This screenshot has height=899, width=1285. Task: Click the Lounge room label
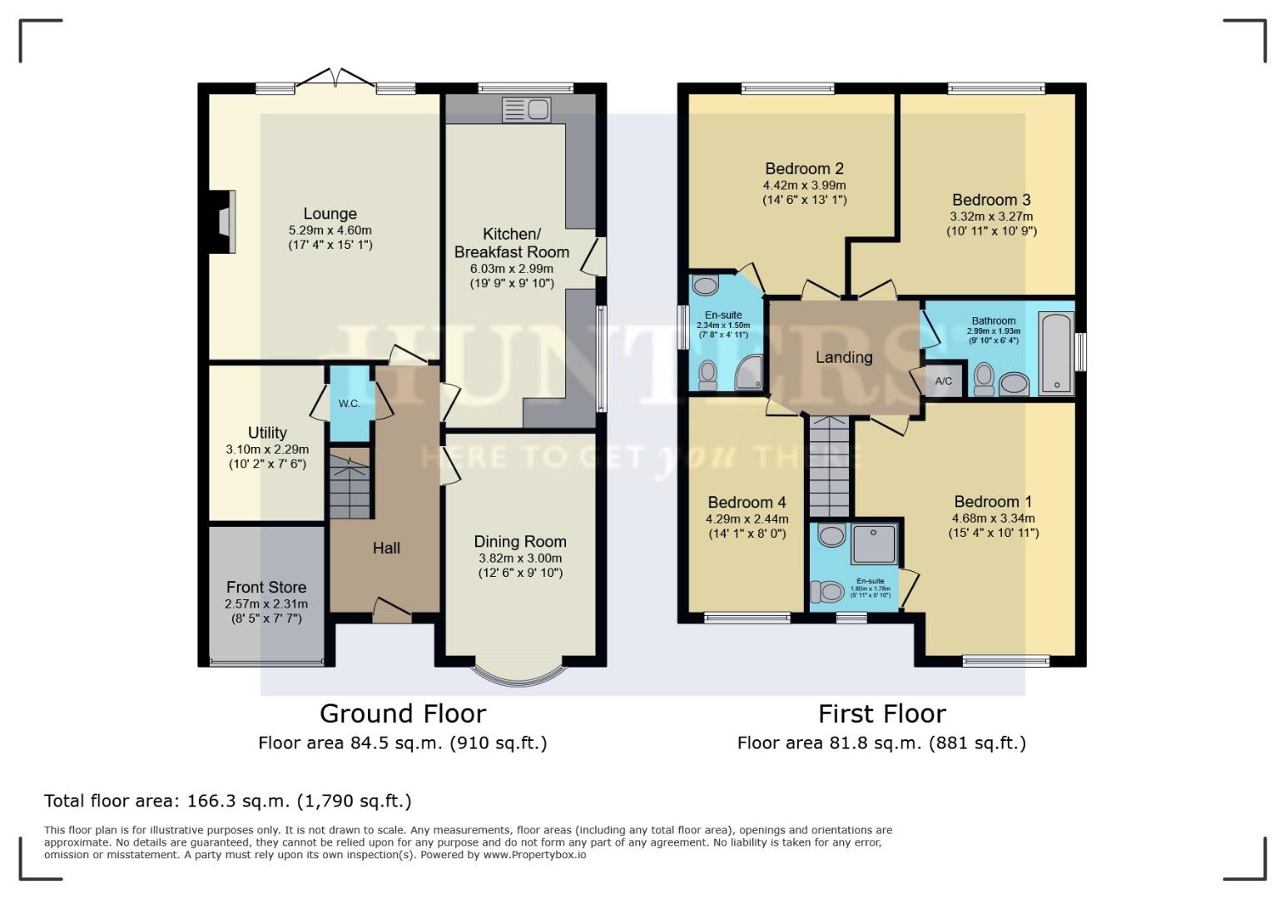(x=330, y=214)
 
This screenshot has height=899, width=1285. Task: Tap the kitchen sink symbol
(x=526, y=109)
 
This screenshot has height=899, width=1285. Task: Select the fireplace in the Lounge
(x=223, y=221)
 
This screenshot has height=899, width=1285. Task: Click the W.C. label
(x=349, y=404)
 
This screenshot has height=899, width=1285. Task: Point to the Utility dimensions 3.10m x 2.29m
(x=266, y=449)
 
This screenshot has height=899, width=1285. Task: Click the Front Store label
(x=265, y=587)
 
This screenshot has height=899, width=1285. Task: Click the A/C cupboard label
(x=943, y=381)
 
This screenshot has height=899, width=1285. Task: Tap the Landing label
(x=843, y=357)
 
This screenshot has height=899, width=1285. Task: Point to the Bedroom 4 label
(x=747, y=502)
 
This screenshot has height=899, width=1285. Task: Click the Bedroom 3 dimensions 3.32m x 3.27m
(x=990, y=216)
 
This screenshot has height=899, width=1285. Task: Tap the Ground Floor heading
(x=403, y=713)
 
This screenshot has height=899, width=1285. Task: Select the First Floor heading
(x=881, y=713)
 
